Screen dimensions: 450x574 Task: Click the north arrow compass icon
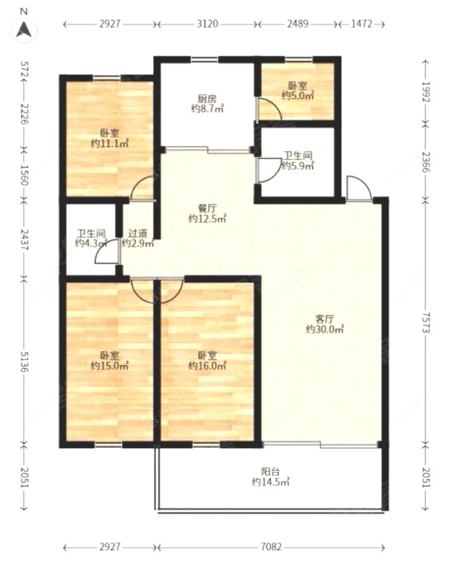(x=24, y=28)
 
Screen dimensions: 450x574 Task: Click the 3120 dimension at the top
(x=207, y=24)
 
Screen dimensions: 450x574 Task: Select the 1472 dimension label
(x=361, y=24)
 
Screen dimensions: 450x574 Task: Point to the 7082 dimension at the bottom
(x=272, y=547)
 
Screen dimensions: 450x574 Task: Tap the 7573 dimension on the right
(x=426, y=322)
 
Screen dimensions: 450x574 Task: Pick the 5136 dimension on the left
(x=24, y=362)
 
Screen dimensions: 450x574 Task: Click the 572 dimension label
(x=24, y=69)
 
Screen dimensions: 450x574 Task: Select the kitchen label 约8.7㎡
(x=208, y=108)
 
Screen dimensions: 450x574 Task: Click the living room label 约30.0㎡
(x=325, y=329)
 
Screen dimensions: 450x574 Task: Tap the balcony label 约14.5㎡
(x=270, y=482)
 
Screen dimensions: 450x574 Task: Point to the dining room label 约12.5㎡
(x=207, y=219)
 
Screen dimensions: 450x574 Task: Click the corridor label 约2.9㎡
(x=138, y=243)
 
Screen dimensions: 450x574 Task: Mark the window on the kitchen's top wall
(x=204, y=60)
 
